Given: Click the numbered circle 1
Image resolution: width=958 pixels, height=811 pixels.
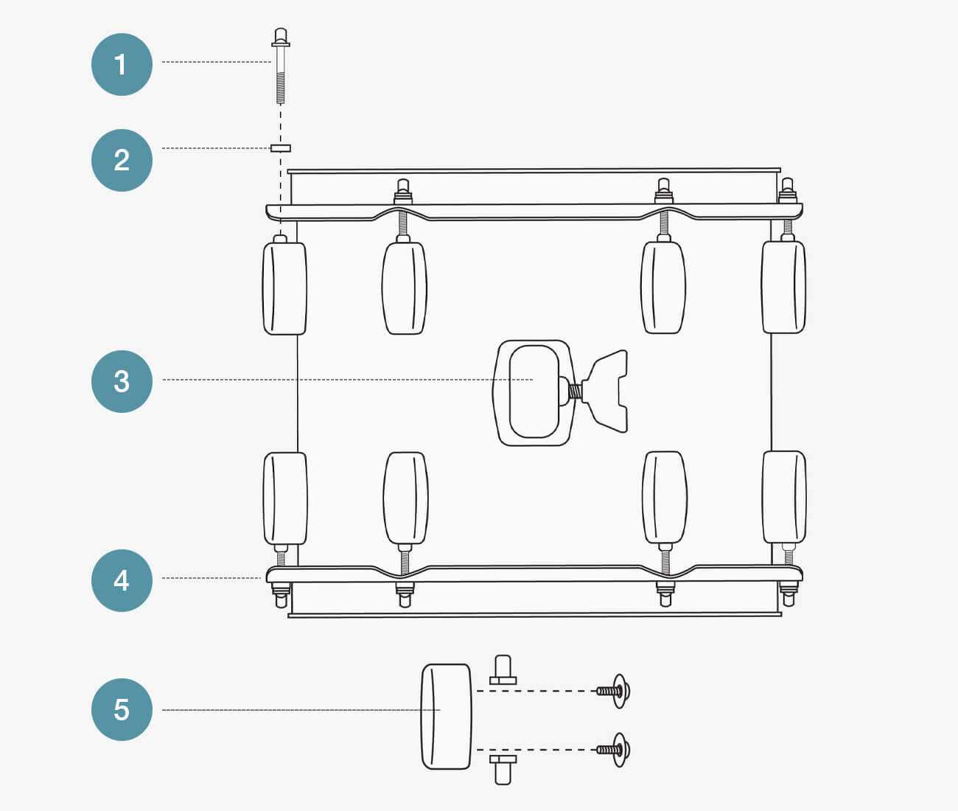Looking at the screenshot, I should pyautogui.click(x=122, y=64).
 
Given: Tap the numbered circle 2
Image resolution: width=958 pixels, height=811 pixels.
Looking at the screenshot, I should pyautogui.click(x=122, y=160).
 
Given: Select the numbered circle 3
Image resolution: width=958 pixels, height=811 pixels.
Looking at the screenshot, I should pyautogui.click(x=122, y=381).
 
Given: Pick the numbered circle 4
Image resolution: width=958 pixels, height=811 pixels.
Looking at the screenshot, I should pyautogui.click(x=122, y=580).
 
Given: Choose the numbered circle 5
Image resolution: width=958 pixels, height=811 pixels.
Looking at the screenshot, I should pyautogui.click(x=122, y=709).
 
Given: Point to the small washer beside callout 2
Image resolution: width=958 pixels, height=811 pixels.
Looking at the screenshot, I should pyautogui.click(x=281, y=148).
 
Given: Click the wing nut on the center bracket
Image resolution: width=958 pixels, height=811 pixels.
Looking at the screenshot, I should pyautogui.click(x=606, y=391).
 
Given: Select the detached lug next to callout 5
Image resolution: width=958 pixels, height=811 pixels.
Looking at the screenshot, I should pyautogui.click(x=446, y=717).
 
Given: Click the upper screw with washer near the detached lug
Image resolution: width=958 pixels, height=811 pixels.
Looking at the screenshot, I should pyautogui.click(x=615, y=691).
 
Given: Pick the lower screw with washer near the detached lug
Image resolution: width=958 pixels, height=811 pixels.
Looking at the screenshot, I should pyautogui.click(x=615, y=750).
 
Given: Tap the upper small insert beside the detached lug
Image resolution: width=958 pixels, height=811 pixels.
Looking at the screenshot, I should pyautogui.click(x=503, y=669).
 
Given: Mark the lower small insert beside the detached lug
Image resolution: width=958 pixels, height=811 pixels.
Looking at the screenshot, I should pyautogui.click(x=503, y=768).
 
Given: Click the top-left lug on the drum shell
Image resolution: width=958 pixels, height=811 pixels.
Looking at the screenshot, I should pyautogui.click(x=284, y=288).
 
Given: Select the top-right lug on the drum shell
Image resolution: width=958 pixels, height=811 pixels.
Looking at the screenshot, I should pyautogui.click(x=783, y=287).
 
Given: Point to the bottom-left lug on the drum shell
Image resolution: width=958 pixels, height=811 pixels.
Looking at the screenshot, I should pyautogui.click(x=285, y=498).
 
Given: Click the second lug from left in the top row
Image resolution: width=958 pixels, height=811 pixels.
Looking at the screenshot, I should pyautogui.click(x=404, y=288).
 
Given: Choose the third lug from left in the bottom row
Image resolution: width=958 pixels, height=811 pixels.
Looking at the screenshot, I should pyautogui.click(x=665, y=498).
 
